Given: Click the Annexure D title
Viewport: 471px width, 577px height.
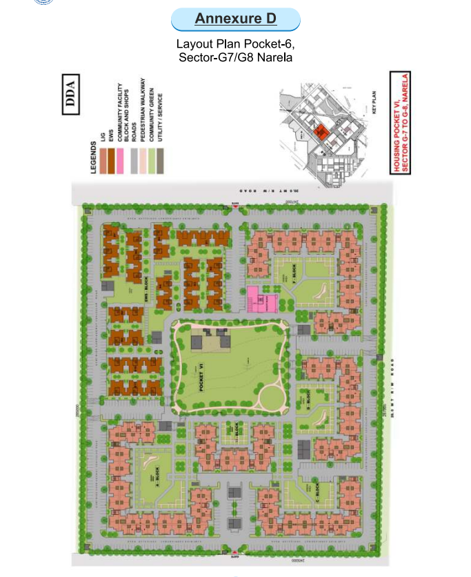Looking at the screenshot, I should (x=235, y=19).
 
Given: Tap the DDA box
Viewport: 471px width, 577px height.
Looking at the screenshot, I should (x=70, y=94).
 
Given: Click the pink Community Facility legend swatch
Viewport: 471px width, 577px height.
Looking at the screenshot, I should (x=119, y=164).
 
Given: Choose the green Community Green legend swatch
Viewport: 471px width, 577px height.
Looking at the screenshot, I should (x=152, y=164).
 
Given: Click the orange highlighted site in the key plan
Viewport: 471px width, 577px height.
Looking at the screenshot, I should (x=319, y=131).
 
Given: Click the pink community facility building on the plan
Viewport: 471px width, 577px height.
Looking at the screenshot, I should (x=261, y=300).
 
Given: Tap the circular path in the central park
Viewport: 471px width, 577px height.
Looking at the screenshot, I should (x=269, y=398).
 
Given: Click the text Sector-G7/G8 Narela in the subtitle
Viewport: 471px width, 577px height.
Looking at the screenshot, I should (x=235, y=57).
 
